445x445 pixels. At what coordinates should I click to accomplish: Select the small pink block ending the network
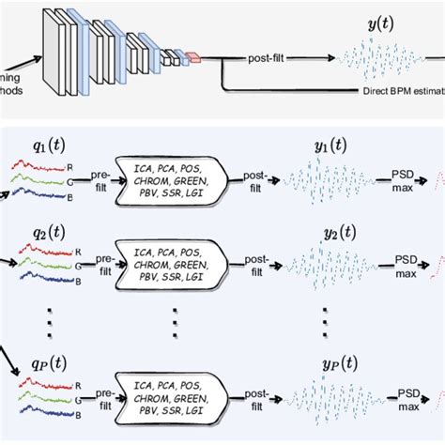(x=194, y=57)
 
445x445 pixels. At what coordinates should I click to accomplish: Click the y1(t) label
(x=333, y=146)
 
